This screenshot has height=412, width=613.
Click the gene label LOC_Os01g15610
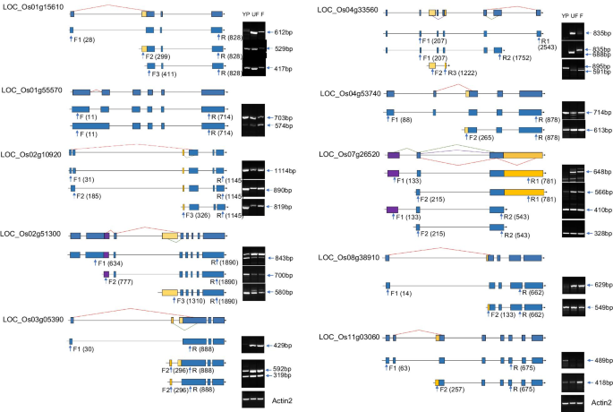pos(31,6)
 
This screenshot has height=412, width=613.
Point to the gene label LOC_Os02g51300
pos(31,234)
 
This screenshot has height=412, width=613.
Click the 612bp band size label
pos(285,31)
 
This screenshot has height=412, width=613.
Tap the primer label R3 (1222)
pos(459,73)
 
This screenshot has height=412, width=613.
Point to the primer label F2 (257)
pos(453,391)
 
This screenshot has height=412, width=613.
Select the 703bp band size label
pos(285,117)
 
